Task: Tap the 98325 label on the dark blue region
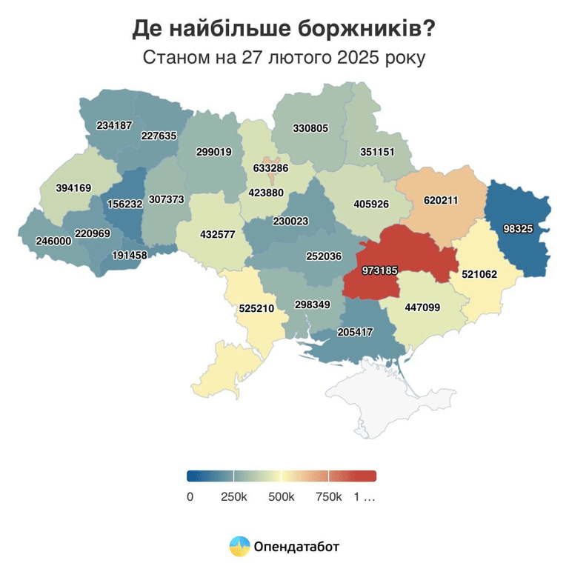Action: (x=518, y=229)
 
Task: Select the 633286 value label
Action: (x=270, y=168)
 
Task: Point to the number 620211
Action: (x=441, y=200)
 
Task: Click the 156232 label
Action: (x=124, y=204)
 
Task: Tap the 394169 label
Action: (x=73, y=187)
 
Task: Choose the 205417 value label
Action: (x=355, y=333)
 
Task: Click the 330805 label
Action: (x=310, y=128)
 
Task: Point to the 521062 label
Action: (x=479, y=274)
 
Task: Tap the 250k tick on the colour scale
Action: (x=234, y=497)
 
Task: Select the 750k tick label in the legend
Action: (x=328, y=497)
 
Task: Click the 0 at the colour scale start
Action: (x=190, y=497)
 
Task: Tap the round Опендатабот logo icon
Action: (x=239, y=547)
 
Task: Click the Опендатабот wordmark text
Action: (x=296, y=548)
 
